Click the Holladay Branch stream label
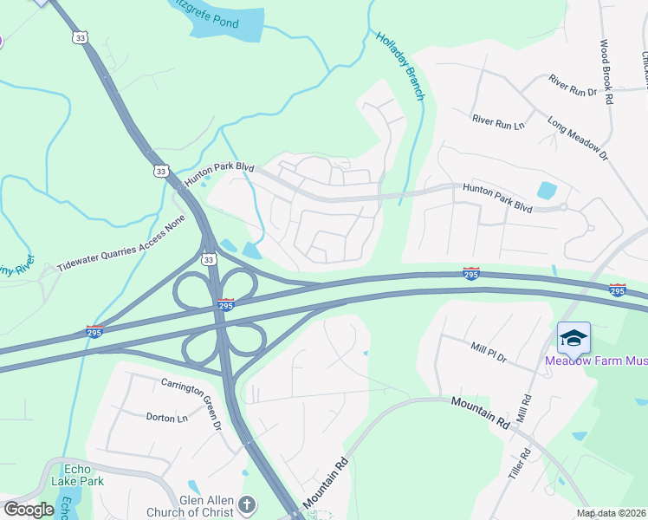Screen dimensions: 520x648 [x=400, y=66]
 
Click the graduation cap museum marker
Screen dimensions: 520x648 [x=573, y=337]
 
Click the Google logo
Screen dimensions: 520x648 [x=29, y=510]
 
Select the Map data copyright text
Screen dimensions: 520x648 [x=611, y=513]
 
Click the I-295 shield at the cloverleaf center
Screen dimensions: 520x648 [x=224, y=306]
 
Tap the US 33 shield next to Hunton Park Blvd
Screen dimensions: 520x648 [x=159, y=172]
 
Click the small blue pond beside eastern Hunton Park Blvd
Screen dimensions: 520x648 [x=547, y=191]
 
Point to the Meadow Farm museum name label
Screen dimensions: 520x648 [x=595, y=361]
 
